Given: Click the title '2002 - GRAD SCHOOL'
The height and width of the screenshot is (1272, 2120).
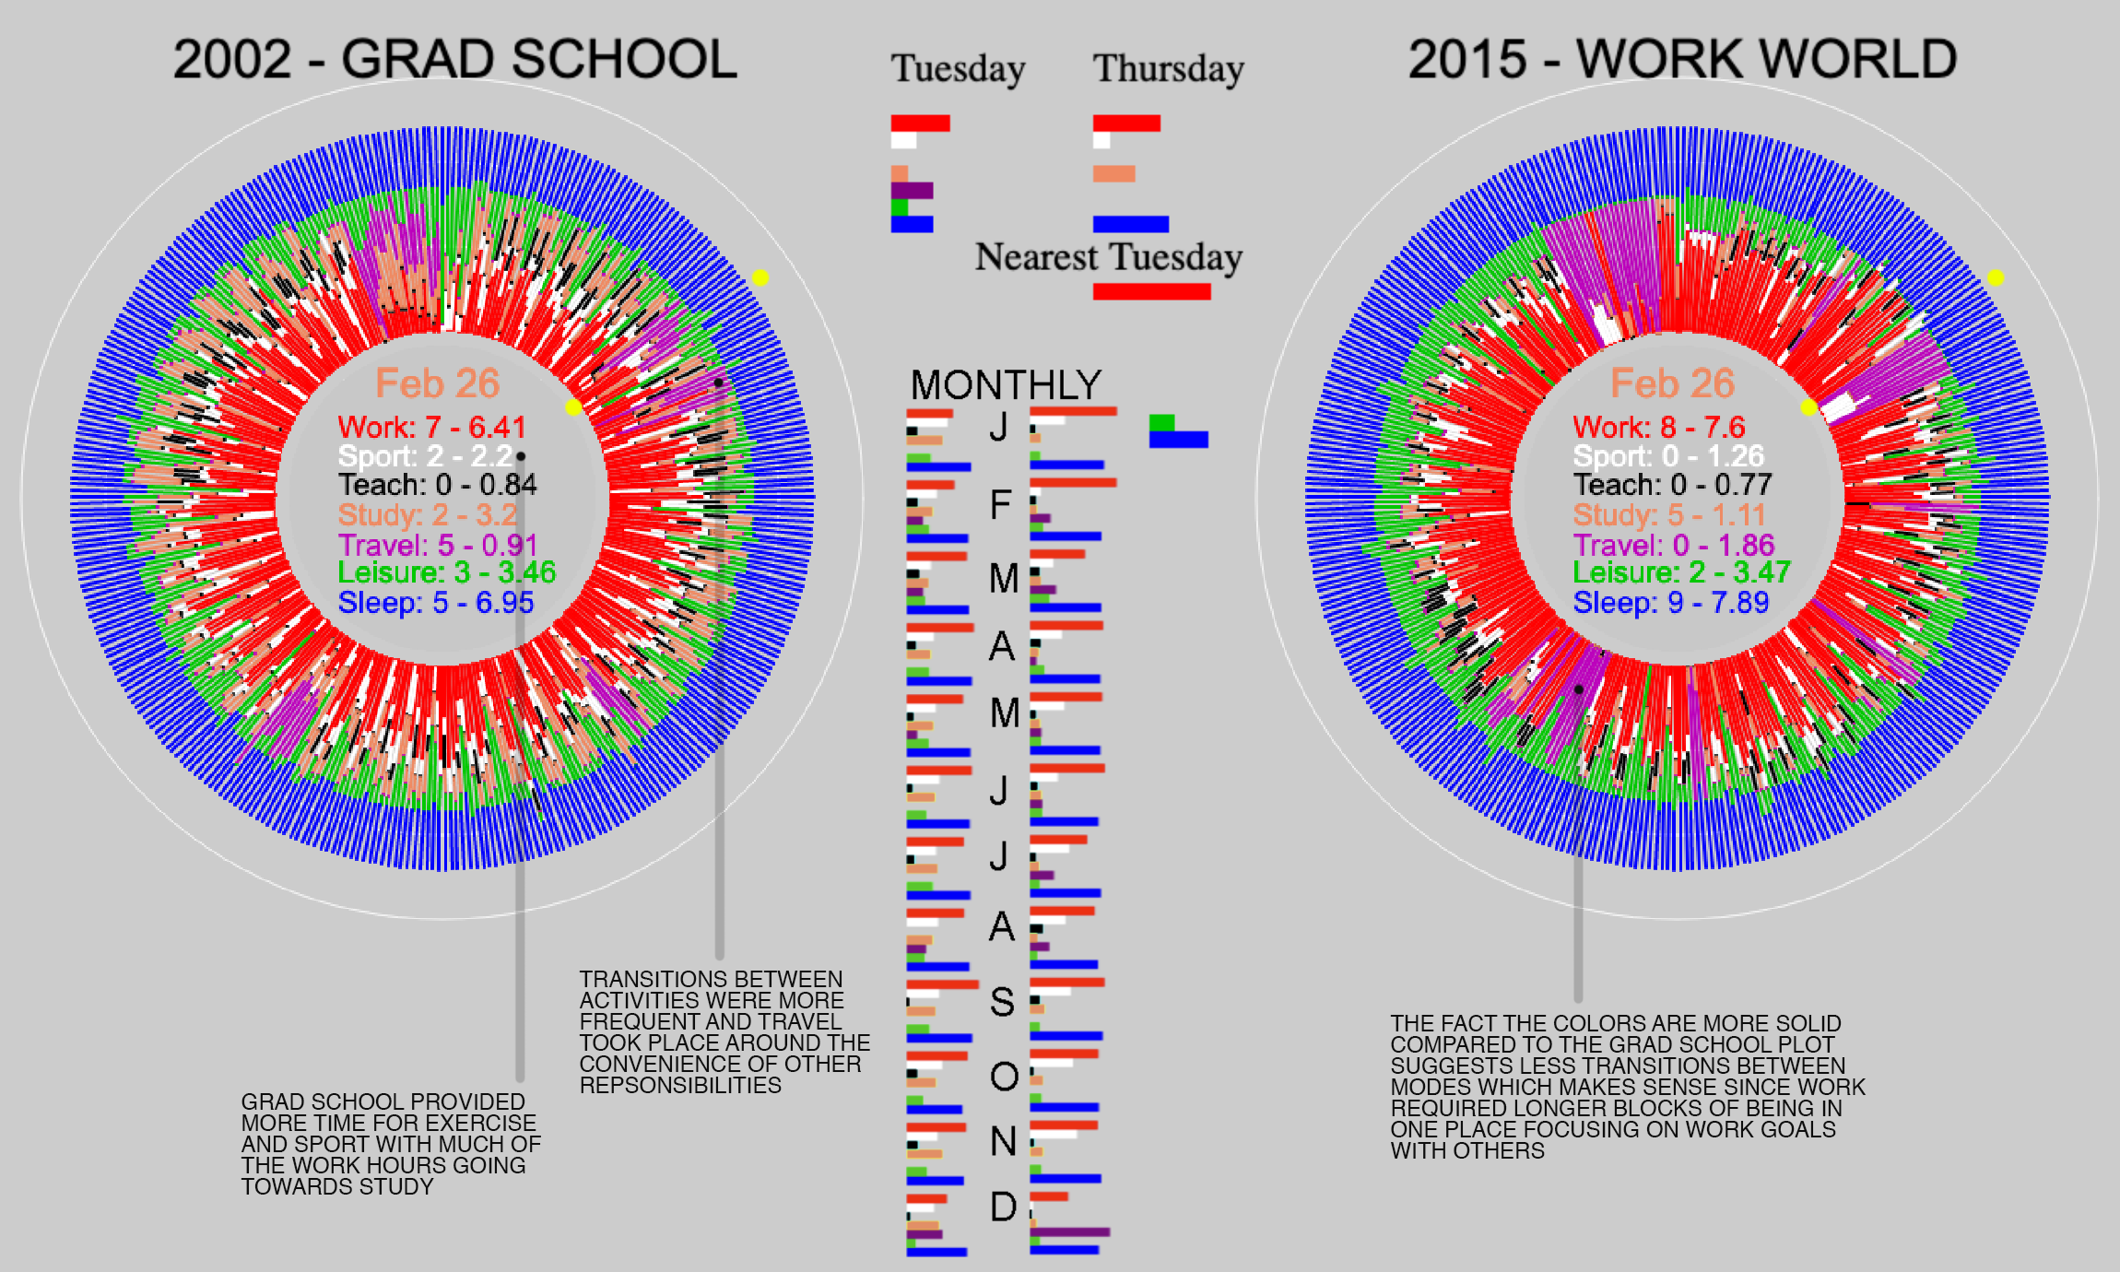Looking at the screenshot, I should tap(455, 60).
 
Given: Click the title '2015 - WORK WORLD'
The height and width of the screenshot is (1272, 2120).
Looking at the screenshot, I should tap(1682, 60).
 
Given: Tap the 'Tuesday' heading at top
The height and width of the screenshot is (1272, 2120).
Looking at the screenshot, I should tap(958, 69).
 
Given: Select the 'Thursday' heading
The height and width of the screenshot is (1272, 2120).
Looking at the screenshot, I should tap(1168, 69).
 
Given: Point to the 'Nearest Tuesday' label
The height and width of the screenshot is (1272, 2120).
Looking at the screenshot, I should tap(1109, 257).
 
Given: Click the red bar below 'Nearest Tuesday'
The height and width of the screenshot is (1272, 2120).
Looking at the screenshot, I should tap(1151, 291).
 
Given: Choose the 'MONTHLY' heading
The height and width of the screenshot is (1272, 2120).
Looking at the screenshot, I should tap(1006, 385).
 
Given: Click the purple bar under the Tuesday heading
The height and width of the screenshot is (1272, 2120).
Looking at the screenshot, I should tap(912, 191).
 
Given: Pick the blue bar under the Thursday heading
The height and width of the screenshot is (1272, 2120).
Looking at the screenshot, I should tap(1130, 224).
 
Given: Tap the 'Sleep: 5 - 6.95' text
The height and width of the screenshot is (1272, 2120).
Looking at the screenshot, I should tap(436, 603).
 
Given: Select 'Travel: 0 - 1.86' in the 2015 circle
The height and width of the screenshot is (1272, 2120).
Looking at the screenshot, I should tap(1673, 545).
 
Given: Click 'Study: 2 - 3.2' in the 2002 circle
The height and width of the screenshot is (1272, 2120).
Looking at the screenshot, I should tap(427, 514).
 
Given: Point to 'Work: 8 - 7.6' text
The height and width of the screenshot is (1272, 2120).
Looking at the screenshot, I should tap(1658, 428).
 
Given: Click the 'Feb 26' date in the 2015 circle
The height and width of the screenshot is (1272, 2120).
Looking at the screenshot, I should tap(1672, 383).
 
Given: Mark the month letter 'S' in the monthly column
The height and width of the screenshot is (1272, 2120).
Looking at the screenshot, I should tap(1002, 1002).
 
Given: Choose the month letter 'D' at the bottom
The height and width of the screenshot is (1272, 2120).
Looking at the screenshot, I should tap(1003, 1207).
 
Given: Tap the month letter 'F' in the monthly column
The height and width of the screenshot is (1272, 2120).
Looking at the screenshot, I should tap(1000, 505).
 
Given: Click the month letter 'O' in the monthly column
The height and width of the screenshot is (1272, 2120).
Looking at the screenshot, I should tap(1004, 1076).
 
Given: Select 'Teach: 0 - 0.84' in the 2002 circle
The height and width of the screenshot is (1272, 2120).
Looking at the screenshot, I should tap(437, 485).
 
